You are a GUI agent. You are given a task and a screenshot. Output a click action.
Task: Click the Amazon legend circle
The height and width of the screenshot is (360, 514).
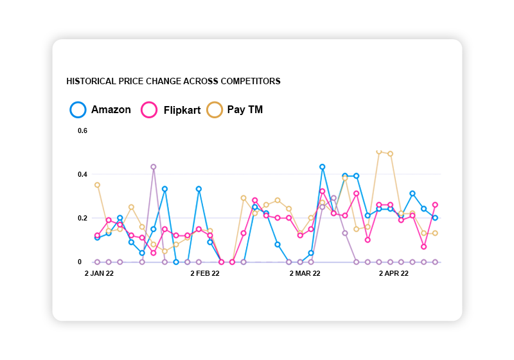click(78, 110)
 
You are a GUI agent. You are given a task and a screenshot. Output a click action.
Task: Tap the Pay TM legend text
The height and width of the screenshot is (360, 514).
click(245, 110)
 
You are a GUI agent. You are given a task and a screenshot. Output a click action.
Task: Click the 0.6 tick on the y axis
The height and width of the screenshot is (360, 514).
click(83, 131)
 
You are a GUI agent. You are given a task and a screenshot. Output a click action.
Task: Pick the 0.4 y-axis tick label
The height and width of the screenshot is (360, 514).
click(83, 174)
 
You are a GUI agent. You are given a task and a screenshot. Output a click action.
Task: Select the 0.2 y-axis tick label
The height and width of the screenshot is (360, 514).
click(83, 218)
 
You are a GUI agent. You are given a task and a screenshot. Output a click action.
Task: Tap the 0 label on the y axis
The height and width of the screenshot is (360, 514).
click(80, 262)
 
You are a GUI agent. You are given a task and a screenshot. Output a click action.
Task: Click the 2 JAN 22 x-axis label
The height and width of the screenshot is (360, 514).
click(100, 274)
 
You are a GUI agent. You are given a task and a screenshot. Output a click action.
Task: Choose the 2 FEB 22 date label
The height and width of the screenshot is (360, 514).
click(205, 274)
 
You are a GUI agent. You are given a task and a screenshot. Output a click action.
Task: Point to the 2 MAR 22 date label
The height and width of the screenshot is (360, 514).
click(305, 274)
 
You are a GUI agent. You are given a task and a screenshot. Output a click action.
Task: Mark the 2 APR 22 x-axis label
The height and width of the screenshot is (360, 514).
click(393, 274)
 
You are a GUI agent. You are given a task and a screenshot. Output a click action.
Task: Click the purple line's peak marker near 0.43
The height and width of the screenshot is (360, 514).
click(154, 166)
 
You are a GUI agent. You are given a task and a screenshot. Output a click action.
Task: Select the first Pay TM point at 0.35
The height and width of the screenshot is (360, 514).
click(97, 184)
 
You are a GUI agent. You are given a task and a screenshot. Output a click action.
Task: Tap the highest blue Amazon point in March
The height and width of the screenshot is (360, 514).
click(323, 166)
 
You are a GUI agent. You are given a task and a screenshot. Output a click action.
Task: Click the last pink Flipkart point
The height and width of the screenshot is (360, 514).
click(435, 204)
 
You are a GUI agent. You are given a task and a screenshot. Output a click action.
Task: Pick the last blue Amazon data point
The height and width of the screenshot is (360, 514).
click(435, 218)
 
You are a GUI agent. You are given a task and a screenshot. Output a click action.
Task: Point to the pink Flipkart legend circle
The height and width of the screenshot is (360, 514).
click(149, 110)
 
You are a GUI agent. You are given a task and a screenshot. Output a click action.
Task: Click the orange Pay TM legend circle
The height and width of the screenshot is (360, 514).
click(214, 110)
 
